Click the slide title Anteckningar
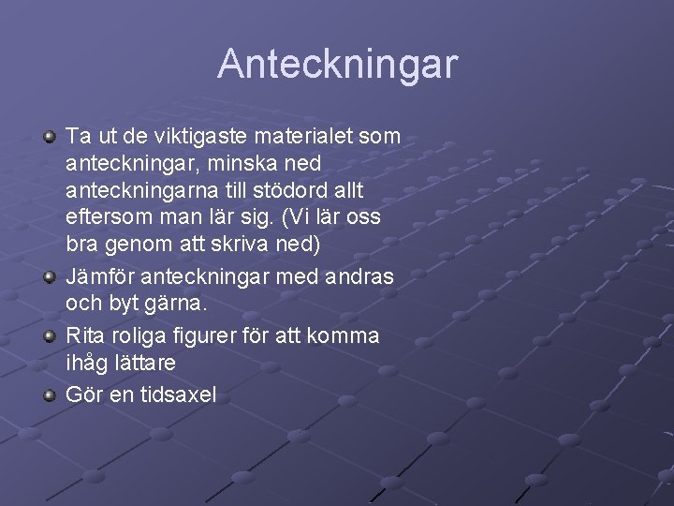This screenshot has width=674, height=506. click(338, 65)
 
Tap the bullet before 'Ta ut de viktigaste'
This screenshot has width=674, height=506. click(50, 138)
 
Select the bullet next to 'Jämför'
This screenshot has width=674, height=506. click(50, 278)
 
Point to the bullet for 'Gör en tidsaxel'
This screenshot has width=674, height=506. click(50, 394)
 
